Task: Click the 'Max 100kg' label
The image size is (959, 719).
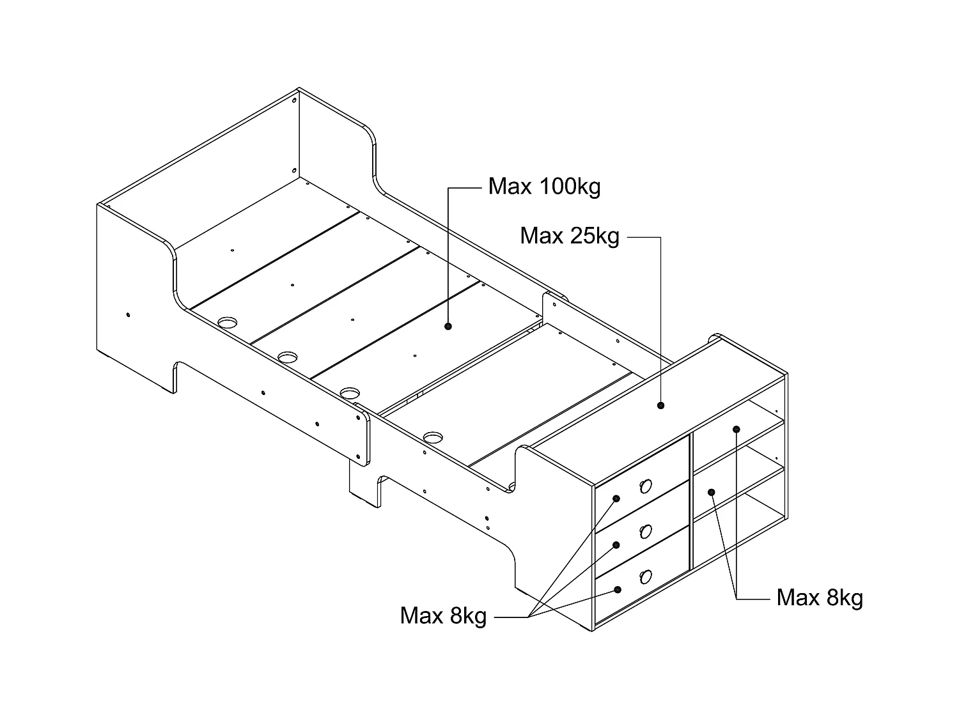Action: (x=544, y=187)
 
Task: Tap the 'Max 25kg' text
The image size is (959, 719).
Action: (x=569, y=236)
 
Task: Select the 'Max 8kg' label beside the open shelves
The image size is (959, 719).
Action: (x=820, y=598)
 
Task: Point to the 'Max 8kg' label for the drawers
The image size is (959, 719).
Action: (x=443, y=615)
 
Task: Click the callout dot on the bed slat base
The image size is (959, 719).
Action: (x=448, y=326)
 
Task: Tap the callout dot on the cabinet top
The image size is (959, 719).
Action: (x=661, y=405)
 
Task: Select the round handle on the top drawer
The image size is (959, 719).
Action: (x=645, y=487)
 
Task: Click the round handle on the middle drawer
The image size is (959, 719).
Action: (x=646, y=532)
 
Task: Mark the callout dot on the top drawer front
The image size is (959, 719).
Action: (x=617, y=499)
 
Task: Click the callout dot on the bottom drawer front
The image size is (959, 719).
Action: (x=617, y=589)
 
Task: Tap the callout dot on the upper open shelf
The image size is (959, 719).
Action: (x=737, y=429)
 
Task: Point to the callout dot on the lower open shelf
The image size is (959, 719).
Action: (x=711, y=491)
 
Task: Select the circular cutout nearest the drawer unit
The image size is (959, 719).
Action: (x=433, y=438)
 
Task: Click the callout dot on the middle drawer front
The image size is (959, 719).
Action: (x=617, y=545)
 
